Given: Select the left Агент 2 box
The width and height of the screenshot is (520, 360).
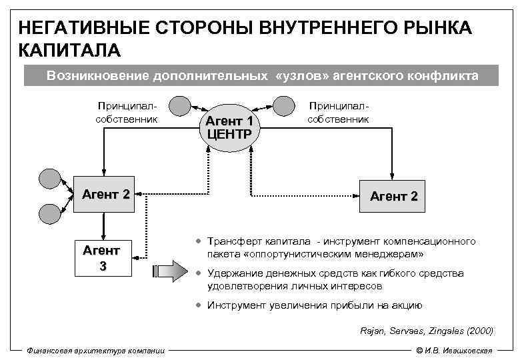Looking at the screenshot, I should coord(105,195).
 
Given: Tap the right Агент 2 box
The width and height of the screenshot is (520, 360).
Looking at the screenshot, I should coord(393,195).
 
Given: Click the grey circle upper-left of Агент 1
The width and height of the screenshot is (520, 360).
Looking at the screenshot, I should coord(180,106).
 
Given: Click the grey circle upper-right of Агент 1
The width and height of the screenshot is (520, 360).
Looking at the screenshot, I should coord(283,106).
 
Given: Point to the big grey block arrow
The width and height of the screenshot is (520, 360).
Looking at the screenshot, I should coord(171,271).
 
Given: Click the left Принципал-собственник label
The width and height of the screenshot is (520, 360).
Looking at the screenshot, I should coord(126,113).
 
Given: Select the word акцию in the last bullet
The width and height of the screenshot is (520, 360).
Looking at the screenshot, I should coord(406,305).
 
